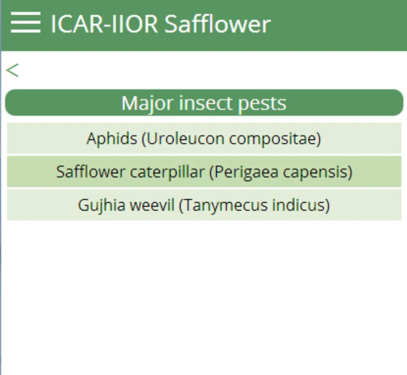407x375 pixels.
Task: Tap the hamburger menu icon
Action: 26,22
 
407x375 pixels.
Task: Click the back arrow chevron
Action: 12,70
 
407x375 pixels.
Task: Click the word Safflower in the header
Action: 217,24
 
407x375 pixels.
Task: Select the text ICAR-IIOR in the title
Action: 104,24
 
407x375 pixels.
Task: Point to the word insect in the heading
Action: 205,103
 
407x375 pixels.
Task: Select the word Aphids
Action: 112,139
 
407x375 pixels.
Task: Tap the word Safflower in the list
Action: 91,172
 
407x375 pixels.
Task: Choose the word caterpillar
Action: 167,172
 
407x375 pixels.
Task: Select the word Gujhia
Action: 101,205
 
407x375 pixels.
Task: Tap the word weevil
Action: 152,205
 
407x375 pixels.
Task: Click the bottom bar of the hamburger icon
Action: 26,31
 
